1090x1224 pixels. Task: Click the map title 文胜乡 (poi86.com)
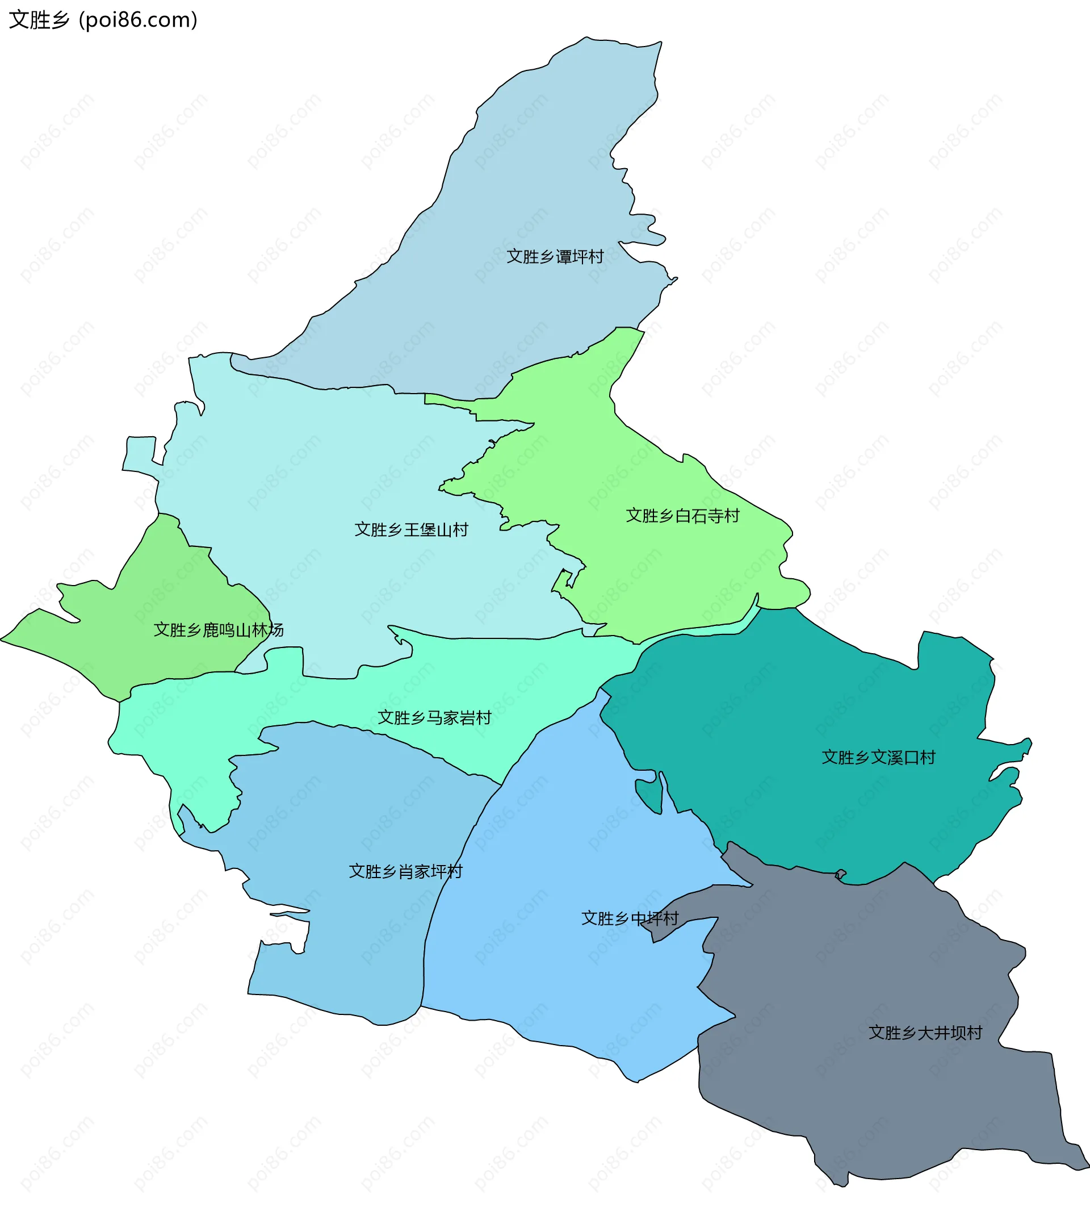[x=103, y=20]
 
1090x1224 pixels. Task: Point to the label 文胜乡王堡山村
[x=411, y=529]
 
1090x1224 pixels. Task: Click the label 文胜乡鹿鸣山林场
[x=218, y=630]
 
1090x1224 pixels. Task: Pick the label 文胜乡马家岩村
[x=434, y=717]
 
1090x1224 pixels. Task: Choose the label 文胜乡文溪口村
[x=878, y=757]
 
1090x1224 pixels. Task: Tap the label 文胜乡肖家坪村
[x=405, y=871]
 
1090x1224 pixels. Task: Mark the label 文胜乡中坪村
[x=630, y=918]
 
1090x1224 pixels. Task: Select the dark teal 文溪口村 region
[x=808, y=707]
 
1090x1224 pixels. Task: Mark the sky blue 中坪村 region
[x=569, y=988]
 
